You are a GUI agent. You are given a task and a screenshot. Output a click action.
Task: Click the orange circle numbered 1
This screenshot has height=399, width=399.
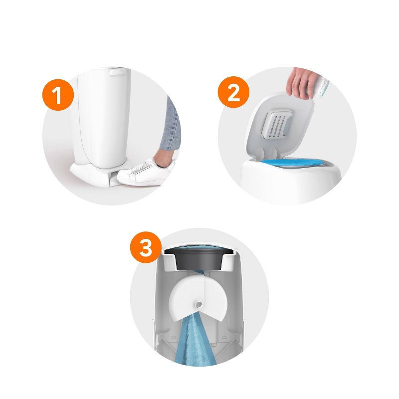tap(58, 95)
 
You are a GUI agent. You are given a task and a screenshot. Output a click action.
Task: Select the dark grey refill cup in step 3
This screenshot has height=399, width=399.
tap(199, 261)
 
